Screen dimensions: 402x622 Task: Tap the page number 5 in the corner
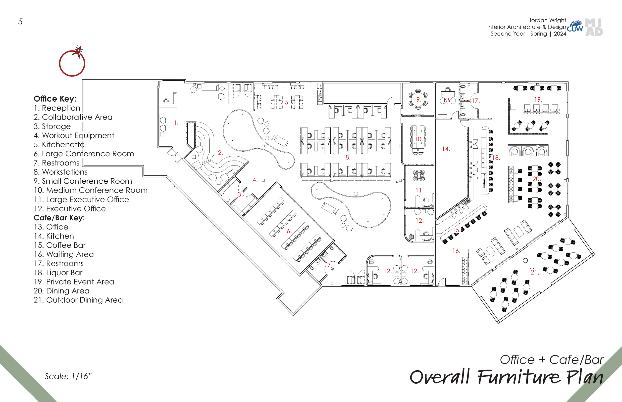[x=20, y=22]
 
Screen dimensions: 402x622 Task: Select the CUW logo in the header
[x=575, y=27]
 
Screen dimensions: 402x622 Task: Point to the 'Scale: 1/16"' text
[x=68, y=376]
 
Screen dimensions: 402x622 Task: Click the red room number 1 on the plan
[x=176, y=123]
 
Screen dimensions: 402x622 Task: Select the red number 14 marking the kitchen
[x=446, y=149]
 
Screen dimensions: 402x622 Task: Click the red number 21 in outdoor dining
[x=534, y=272]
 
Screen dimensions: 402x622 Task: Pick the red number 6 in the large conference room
[x=289, y=231]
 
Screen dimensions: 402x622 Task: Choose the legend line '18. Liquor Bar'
[x=58, y=273]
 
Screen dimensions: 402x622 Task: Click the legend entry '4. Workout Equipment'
[x=74, y=135]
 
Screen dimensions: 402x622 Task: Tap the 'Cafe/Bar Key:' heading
[x=59, y=218]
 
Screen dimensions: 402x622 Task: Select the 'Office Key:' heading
[x=55, y=99]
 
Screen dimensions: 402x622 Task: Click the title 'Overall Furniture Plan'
[x=506, y=377]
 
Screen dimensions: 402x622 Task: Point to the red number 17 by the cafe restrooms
[x=475, y=101]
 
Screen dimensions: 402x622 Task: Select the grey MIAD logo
[x=594, y=27]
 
